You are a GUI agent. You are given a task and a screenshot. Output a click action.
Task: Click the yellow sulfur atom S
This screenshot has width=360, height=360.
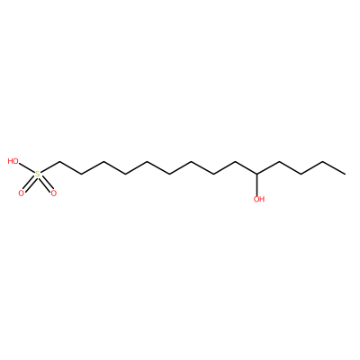pos(38,174)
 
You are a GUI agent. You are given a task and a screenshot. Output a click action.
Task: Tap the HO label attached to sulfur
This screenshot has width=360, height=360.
pos(13,161)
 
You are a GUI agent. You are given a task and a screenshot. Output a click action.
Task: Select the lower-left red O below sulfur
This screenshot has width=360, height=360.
pos(21,193)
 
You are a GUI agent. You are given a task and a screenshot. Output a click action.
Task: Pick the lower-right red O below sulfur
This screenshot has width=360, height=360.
pos(54,193)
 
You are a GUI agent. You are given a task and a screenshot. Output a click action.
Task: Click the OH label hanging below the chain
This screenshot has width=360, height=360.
pos(259,199)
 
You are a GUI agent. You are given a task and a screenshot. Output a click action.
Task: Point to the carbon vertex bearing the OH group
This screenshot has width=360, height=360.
pos(256,174)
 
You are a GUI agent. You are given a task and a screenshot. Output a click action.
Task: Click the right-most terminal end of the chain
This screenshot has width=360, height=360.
pos(345,174)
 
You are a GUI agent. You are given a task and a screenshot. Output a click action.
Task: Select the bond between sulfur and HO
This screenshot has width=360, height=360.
pos(27,168)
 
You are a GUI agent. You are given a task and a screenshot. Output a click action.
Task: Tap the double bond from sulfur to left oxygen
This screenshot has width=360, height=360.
pos(29,184)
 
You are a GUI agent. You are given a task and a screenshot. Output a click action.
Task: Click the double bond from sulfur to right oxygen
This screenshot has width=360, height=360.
pos(46,184)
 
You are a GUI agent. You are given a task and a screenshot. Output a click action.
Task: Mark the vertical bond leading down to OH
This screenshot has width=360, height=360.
pos(256,184)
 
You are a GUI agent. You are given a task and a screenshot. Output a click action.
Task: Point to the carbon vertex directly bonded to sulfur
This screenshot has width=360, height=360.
pos(59,162)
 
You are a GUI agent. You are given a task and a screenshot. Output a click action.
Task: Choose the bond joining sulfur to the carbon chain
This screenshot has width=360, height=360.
pos(49,167)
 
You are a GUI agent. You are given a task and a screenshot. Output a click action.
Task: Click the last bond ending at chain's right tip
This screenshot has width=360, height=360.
pos(334,168)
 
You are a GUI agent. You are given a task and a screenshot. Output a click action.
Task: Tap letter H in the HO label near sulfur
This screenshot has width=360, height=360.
pos(11,161)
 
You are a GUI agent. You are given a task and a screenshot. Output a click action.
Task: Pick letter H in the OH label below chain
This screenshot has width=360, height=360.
pos(262,199)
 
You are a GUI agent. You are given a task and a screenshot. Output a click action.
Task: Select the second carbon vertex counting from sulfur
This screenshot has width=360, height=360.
pos(81,174)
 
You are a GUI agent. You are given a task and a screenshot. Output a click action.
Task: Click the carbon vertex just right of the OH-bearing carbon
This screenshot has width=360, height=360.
pos(279,162)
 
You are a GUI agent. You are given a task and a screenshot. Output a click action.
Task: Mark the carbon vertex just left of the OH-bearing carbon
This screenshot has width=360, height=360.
pos(235,162)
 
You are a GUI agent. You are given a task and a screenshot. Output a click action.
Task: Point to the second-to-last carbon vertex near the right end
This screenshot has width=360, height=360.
pos(323,162)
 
